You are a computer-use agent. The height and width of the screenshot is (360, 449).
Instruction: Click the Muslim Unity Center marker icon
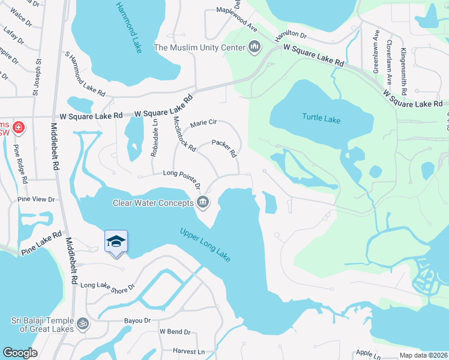(255, 47)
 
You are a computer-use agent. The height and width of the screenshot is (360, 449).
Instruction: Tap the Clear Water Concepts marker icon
(203, 202)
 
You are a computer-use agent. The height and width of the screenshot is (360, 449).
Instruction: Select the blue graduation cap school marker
(116, 242)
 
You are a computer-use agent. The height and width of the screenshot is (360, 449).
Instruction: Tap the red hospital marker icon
(19, 128)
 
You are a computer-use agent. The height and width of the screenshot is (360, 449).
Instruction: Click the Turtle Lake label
(321, 118)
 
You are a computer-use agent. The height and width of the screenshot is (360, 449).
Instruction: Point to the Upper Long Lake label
(206, 244)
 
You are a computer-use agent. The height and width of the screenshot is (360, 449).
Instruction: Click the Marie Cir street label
(203, 124)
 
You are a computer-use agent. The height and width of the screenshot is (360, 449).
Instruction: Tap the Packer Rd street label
(224, 149)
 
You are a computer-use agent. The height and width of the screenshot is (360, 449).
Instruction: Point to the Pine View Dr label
(36, 199)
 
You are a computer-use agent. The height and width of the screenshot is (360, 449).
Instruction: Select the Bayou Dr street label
(137, 321)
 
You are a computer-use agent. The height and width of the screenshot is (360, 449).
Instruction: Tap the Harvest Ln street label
(188, 351)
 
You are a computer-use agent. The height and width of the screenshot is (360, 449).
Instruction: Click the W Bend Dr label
(174, 332)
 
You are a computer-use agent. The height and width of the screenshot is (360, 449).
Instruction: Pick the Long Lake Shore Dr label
(107, 287)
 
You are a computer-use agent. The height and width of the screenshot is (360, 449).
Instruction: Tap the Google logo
(20, 353)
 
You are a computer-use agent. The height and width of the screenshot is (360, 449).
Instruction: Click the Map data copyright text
(423, 355)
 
